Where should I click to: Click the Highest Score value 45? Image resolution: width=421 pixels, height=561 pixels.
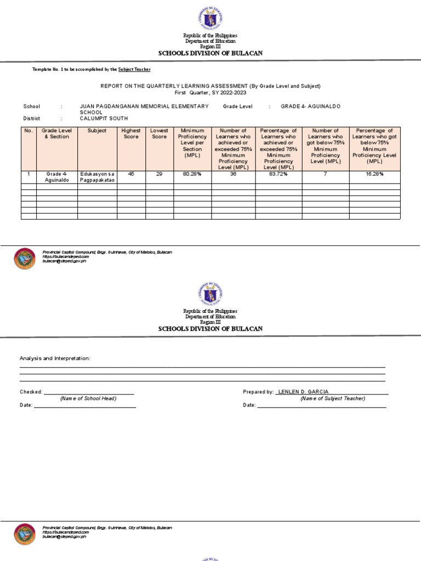tap(131, 174)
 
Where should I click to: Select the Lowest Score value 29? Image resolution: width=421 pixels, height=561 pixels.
tap(160, 174)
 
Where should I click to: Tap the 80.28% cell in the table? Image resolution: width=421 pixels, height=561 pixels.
tap(192, 174)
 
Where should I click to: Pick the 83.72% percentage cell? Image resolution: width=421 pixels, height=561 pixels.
tap(278, 174)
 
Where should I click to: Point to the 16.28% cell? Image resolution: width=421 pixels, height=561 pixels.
tap(375, 174)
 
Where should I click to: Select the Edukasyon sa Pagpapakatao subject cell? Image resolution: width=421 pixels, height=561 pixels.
tap(97, 176)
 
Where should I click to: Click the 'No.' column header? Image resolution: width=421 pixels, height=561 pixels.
tap(29, 131)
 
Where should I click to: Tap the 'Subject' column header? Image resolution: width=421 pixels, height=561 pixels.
tap(97, 131)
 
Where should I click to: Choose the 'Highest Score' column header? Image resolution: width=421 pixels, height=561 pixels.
tap(131, 134)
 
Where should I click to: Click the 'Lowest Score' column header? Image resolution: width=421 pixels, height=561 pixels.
tap(160, 134)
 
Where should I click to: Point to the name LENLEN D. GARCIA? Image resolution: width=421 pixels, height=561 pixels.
tap(304, 392)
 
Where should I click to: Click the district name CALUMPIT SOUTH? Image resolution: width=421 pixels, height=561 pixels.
tap(104, 118)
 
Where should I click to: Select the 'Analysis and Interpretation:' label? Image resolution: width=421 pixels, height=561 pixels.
tap(55, 358)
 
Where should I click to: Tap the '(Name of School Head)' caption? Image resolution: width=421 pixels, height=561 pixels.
tap(88, 398)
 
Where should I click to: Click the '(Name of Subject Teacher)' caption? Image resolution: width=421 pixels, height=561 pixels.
tap(332, 398)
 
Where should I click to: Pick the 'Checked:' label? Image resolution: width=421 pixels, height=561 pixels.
tap(31, 392)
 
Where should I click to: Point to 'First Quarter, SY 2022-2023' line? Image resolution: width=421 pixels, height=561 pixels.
tap(210, 93)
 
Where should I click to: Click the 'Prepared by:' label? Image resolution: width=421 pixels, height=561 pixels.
tap(258, 392)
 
